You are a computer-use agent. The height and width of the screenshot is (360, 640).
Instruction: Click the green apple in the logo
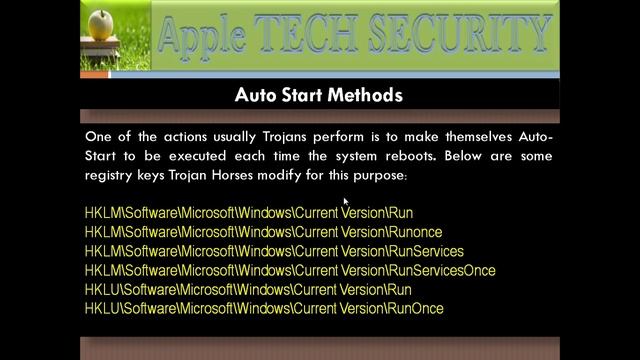[x=100, y=23]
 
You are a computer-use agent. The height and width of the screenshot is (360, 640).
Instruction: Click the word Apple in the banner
[x=205, y=36]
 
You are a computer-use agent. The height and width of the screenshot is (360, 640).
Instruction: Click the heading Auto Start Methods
[x=319, y=95]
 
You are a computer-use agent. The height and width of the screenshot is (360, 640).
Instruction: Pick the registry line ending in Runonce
[x=263, y=232]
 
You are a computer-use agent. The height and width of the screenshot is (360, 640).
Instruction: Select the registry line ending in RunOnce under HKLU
[x=264, y=309]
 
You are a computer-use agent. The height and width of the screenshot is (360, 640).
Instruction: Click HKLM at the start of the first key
[x=101, y=213]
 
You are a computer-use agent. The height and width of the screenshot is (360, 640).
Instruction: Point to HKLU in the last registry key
[x=101, y=309]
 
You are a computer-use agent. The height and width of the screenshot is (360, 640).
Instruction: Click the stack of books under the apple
[x=100, y=46]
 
